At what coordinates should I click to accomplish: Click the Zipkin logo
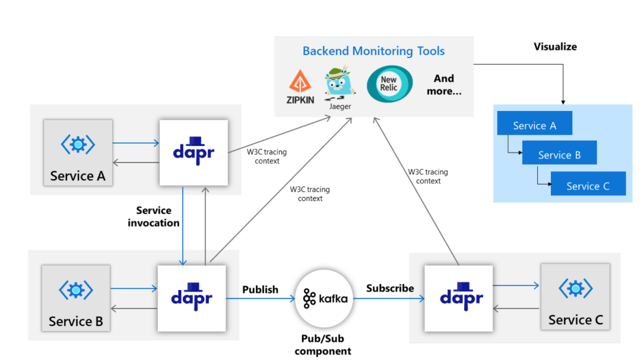tap(301, 86)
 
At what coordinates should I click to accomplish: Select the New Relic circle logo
tap(389, 84)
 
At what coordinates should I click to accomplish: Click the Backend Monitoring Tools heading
tap(373, 51)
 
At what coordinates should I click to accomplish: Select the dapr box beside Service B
tap(192, 298)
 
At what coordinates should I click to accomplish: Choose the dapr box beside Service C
tap(459, 298)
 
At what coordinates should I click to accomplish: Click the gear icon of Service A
tap(78, 144)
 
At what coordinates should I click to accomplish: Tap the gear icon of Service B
tap(75, 290)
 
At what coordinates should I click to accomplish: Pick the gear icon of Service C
tap(575, 289)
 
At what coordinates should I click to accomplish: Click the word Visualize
tap(555, 46)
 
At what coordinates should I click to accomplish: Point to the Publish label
tap(260, 289)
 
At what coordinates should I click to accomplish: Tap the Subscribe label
tap(390, 288)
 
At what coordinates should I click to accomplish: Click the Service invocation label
tap(154, 216)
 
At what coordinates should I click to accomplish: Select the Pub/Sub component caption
tap(323, 345)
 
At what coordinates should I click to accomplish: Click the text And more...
tap(443, 85)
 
